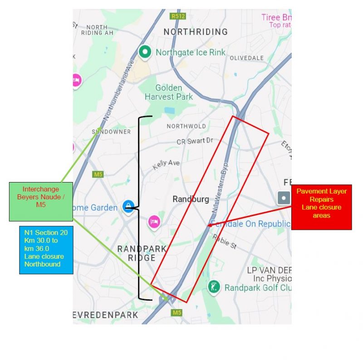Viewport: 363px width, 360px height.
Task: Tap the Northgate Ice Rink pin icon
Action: pos(145,53)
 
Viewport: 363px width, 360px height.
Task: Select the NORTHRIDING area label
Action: pos(196,32)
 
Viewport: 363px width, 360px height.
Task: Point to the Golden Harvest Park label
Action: pos(169,92)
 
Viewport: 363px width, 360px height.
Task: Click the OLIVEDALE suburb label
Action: pos(246,58)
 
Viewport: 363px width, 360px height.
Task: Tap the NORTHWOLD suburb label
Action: pos(186,126)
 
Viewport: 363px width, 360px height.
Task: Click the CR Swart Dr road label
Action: pos(195,141)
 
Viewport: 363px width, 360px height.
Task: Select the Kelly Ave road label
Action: pos(166,164)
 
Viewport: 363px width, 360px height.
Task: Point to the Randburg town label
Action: pos(191,199)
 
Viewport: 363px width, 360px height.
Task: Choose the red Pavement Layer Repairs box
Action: pos(321,207)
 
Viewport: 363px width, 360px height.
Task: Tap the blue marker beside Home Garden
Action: pos(129,207)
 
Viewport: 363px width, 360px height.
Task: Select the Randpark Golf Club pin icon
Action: pos(214,287)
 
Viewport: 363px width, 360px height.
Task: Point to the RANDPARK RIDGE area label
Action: pos(142,253)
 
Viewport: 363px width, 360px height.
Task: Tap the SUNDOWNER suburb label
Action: pos(112,132)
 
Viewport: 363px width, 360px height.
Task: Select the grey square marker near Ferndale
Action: pos(284,198)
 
